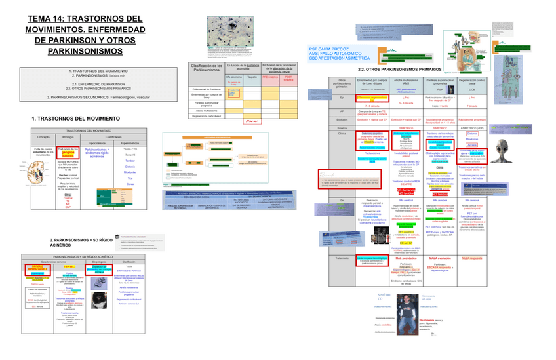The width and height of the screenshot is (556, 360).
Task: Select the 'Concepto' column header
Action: click(x=43, y=136)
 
